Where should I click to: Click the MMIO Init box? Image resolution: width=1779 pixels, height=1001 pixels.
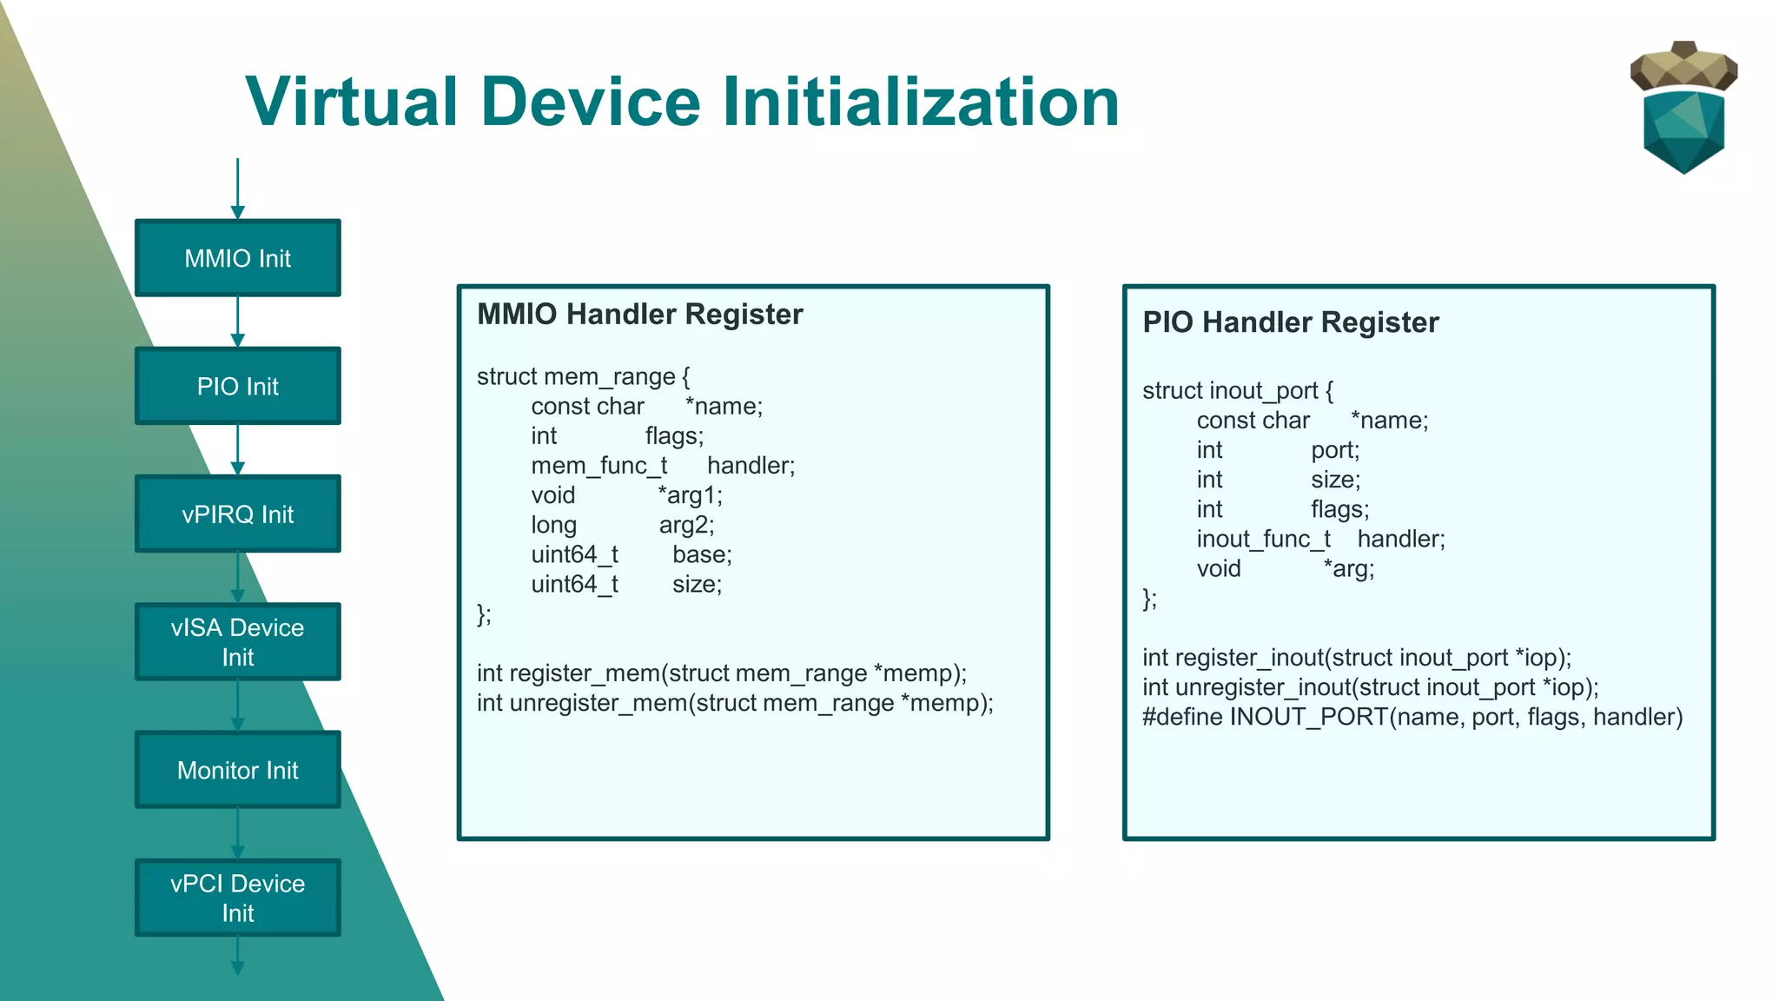tap(237, 258)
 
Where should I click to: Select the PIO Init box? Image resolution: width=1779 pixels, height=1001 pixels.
tap(237, 386)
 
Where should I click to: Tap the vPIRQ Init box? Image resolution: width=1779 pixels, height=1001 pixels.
tap(237, 514)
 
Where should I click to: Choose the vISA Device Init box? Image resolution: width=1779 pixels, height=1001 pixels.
tap(237, 641)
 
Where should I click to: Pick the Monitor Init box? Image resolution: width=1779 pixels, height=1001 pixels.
tap(237, 770)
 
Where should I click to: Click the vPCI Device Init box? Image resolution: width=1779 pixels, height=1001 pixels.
tap(237, 898)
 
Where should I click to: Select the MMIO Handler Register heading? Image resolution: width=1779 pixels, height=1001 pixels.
tap(640, 314)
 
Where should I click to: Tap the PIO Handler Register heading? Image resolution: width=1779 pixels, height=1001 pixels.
tap(1291, 322)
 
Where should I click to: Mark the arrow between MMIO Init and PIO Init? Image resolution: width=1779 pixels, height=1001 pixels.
tap(237, 322)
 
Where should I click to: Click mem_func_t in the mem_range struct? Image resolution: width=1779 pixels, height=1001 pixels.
tap(599, 466)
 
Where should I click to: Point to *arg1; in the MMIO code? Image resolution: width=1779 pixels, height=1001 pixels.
tap(690, 495)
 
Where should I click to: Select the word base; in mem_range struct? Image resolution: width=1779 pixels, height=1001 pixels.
tap(702, 554)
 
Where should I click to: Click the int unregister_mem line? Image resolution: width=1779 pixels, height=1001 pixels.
tap(735, 703)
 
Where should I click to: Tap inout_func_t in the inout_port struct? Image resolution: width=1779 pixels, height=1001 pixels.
tap(1263, 540)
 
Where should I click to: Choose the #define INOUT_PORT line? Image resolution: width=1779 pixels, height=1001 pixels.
tap(1412, 718)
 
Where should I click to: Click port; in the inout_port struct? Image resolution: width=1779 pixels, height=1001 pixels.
tap(1335, 450)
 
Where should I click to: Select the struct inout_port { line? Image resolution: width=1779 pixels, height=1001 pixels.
tap(1238, 391)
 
